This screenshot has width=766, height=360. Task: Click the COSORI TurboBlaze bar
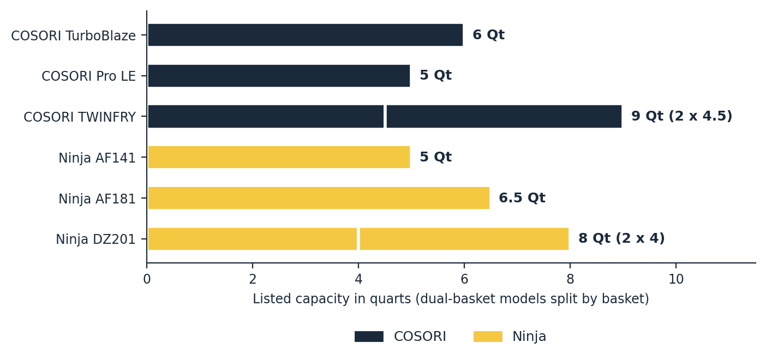pyautogui.click(x=306, y=35)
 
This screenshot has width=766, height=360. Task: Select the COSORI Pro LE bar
pyautogui.click(x=279, y=76)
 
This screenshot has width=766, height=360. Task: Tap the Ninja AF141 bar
pyautogui.click(x=279, y=157)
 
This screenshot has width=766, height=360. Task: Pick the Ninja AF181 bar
pyautogui.click(x=319, y=198)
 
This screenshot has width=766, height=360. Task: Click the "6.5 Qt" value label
pyautogui.click(x=522, y=197)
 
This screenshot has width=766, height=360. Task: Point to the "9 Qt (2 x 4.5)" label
pyautogui.click(x=681, y=116)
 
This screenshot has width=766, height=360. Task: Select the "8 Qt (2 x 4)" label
pyautogui.click(x=621, y=238)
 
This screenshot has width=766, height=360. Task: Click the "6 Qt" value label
pyautogui.click(x=488, y=34)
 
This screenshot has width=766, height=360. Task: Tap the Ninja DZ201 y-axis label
pyautogui.click(x=95, y=239)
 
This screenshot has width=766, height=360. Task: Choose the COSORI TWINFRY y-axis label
pyautogui.click(x=79, y=117)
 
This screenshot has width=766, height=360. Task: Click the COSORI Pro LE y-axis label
pyautogui.click(x=88, y=76)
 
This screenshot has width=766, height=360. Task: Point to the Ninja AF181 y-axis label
pyautogui.click(x=97, y=199)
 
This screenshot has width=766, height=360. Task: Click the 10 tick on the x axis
pyautogui.click(x=676, y=279)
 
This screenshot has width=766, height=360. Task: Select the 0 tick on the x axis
pyautogui.click(x=147, y=279)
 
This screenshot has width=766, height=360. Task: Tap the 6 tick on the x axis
pyautogui.click(x=464, y=279)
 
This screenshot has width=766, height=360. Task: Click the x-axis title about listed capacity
pyautogui.click(x=451, y=299)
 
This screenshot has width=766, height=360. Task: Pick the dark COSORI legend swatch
pyautogui.click(x=369, y=337)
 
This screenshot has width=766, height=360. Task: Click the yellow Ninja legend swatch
pyautogui.click(x=488, y=337)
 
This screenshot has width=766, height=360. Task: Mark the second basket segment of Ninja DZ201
pyautogui.click(x=464, y=239)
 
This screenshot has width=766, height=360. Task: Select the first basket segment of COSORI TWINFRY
pyautogui.click(x=266, y=117)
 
